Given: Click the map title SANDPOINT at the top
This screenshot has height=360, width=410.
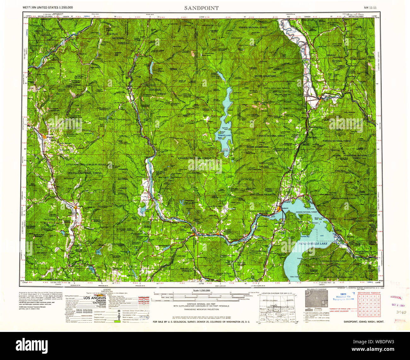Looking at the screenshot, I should click(201, 8).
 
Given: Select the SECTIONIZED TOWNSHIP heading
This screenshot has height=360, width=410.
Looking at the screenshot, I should click(369, 293).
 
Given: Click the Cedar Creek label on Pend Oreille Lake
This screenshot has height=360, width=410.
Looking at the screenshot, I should click(294, 277).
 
